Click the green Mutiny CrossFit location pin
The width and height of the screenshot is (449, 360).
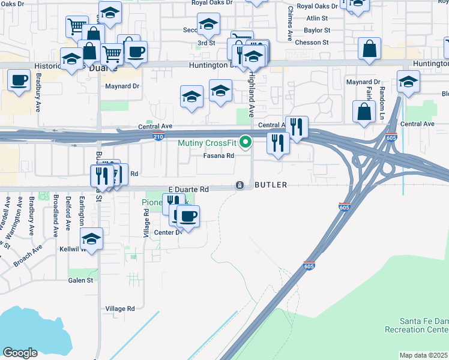point(245,143)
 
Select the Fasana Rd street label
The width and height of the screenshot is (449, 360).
point(218,155)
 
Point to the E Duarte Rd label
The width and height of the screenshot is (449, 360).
point(188,189)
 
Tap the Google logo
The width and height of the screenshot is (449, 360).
point(20,353)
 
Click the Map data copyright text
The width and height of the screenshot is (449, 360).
point(424,355)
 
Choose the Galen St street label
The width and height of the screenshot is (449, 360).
point(80,280)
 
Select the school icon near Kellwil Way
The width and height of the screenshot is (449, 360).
point(91,239)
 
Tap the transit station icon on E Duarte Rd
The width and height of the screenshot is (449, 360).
point(240,185)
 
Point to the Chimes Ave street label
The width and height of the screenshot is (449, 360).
point(290,23)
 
